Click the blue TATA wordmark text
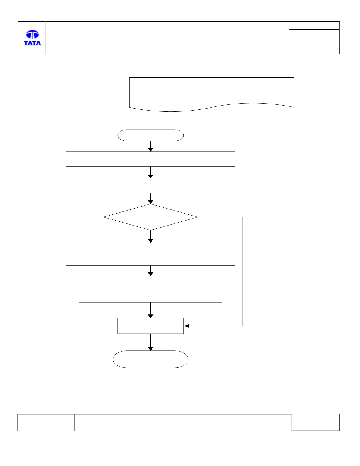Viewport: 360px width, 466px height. click(x=32, y=43)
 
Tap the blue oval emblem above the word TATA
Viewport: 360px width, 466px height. click(x=32, y=34)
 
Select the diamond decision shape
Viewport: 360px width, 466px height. click(x=150, y=217)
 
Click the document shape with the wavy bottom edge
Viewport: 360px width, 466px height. click(x=212, y=94)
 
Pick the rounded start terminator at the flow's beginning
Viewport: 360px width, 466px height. click(x=150, y=135)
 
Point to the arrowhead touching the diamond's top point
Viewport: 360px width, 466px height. click(x=150, y=202)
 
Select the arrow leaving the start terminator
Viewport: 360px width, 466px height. click(x=150, y=146)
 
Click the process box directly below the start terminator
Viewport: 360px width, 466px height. click(x=150, y=159)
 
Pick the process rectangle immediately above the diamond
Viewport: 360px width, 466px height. click(x=150, y=185)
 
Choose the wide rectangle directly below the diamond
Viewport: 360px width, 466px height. click(x=150, y=254)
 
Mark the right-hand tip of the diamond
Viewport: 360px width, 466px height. click(x=197, y=217)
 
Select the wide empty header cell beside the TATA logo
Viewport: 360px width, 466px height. click(x=167, y=38)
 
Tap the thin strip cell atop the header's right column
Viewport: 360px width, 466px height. click(x=314, y=25)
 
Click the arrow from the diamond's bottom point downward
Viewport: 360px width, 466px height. click(x=150, y=237)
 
